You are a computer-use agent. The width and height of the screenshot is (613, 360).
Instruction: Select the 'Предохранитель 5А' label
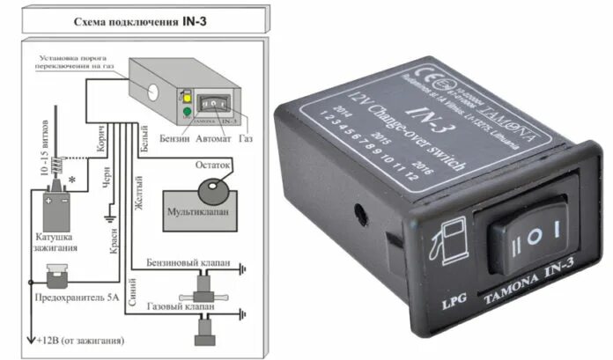click(x=78, y=296)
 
